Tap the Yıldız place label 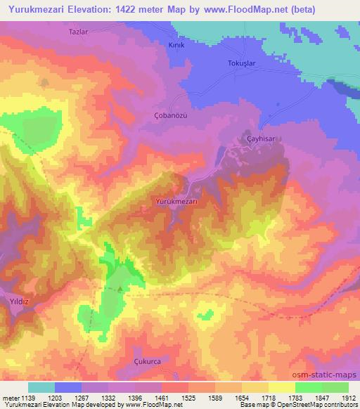tap(16, 299)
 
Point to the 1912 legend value tap(349, 398)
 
